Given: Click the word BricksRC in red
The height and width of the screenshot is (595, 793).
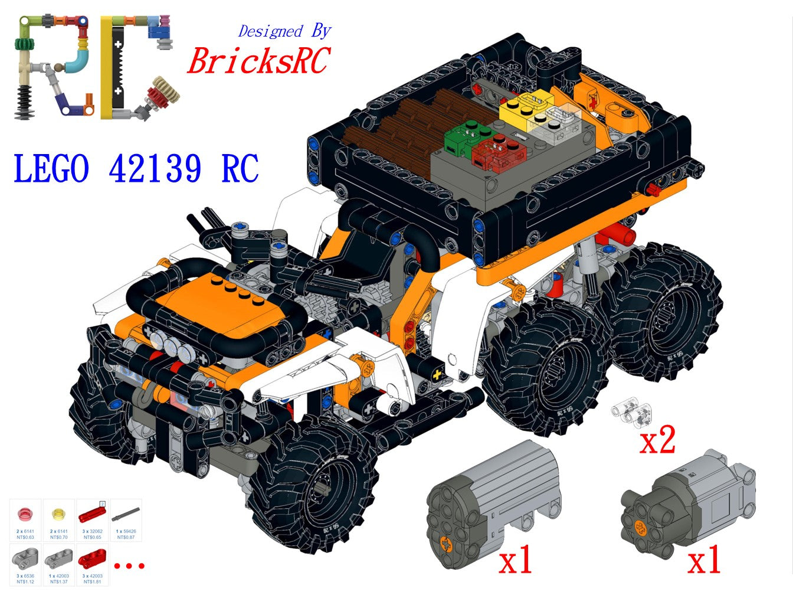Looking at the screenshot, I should pos(258,60).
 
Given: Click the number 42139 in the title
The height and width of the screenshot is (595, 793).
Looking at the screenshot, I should pos(155,168).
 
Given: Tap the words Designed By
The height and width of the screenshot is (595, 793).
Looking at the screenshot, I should pos(284,31).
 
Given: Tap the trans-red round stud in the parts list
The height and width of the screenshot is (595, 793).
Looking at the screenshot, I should pos(25,514).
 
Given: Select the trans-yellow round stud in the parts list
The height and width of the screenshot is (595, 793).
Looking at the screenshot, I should pos(58,514).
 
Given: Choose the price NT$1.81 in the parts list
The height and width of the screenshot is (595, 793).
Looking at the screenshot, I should pos(93,582).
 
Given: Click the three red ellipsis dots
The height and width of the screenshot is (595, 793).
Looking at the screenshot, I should pos(129,565).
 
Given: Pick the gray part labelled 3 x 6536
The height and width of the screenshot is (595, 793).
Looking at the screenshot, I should pos(25,558).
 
